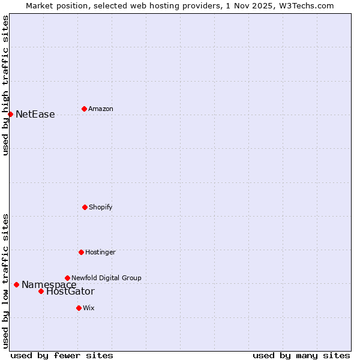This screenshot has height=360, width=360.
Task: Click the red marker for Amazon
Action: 84,109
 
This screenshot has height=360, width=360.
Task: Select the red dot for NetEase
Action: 10,114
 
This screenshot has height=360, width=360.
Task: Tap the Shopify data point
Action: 85,207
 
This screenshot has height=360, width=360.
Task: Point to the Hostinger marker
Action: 81,252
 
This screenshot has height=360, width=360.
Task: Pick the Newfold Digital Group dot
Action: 67,278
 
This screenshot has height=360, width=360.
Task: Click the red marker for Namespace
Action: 16,284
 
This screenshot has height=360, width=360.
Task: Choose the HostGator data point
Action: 41,291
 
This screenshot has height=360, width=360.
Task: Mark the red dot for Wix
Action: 79,308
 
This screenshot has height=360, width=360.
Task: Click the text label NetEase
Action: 35,115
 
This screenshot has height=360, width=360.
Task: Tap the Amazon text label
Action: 101,109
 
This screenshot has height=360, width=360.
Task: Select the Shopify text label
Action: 101,208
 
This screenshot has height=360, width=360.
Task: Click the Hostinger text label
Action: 100,253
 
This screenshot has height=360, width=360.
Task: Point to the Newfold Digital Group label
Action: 106,278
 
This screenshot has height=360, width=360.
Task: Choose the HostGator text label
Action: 70,292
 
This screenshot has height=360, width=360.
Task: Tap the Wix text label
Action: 89,308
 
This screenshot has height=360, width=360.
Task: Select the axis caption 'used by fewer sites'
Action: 62,355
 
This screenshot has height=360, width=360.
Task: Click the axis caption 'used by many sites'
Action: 301,355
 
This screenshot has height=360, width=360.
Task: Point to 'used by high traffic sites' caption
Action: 5,85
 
